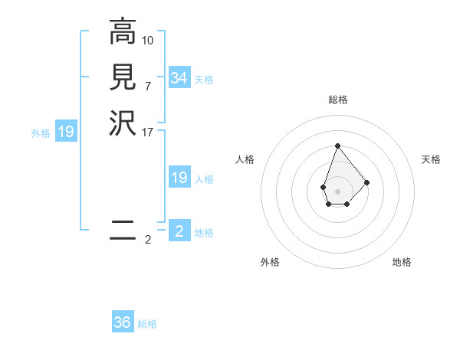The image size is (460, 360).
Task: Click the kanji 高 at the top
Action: tap(123, 33)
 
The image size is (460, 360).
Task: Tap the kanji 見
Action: tap(123, 77)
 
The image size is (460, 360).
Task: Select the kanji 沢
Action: tap(123, 123)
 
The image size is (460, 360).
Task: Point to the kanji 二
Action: tap(123, 229)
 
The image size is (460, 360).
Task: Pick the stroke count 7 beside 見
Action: tap(148, 85)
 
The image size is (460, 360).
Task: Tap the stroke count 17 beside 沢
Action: tap(148, 131)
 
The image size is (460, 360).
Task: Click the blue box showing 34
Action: tap(179, 78)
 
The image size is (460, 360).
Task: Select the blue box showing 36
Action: tap(123, 322)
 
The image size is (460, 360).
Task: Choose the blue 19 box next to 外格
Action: tap(66, 133)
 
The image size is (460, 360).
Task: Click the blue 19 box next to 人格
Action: tap(179, 178)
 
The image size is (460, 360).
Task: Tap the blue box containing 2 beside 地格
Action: tap(179, 231)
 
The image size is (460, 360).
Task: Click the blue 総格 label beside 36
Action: tap(147, 324)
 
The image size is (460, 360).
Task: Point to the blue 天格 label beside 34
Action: tap(204, 80)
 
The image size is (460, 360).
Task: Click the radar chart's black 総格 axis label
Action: tap(338, 100)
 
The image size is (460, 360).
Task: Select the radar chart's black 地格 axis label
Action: tap(402, 262)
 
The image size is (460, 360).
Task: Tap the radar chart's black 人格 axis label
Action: tap(245, 159)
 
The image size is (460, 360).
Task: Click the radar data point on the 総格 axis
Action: tap(337, 146)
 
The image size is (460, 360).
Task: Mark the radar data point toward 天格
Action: tap(367, 182)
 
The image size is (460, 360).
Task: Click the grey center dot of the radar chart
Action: tap(337, 191)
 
